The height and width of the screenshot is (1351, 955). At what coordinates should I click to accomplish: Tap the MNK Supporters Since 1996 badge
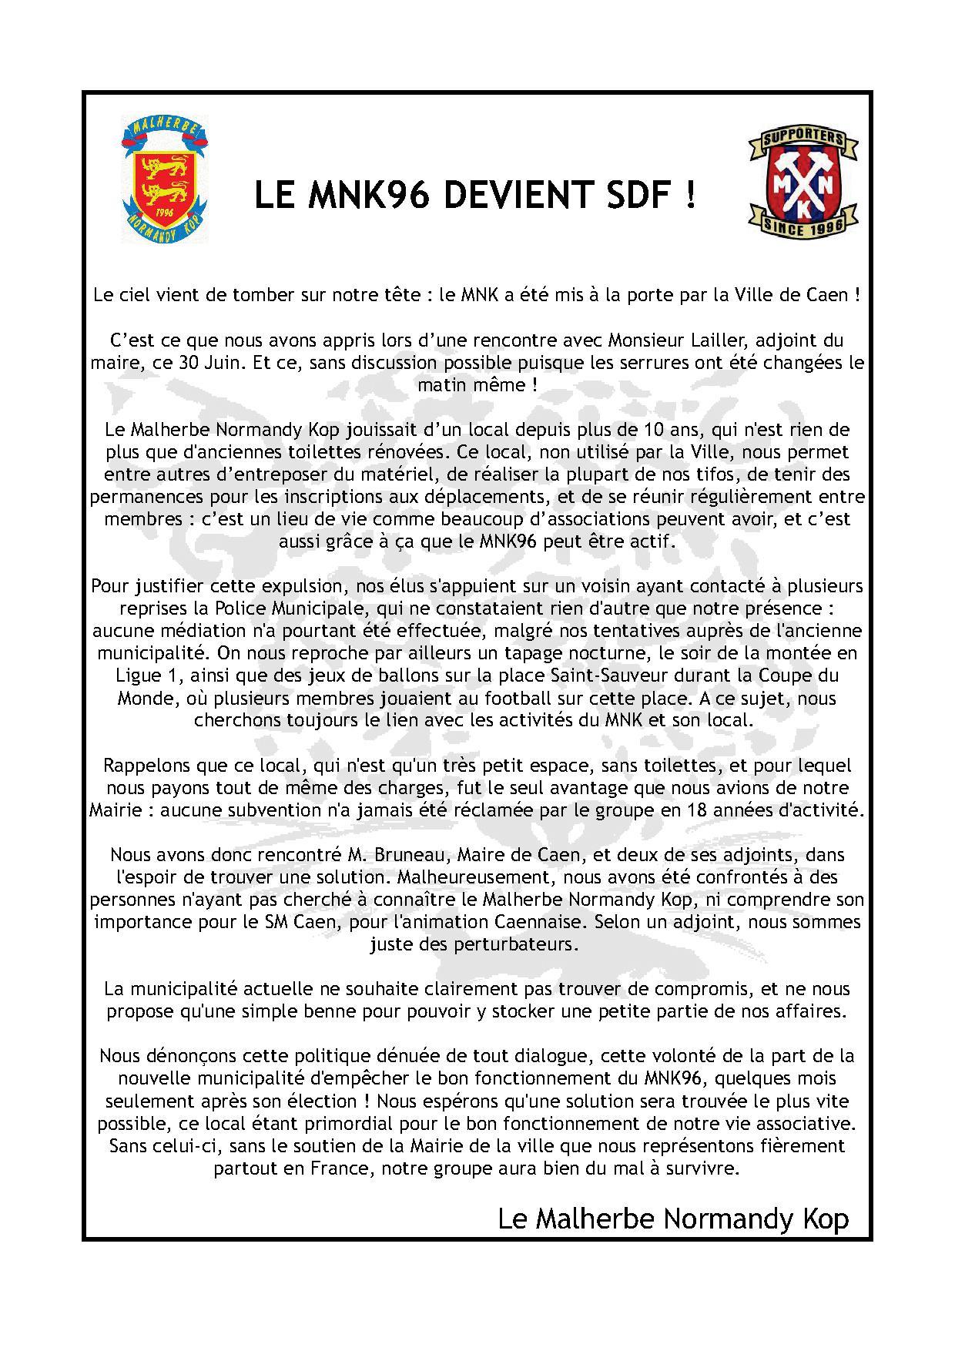point(798,182)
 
